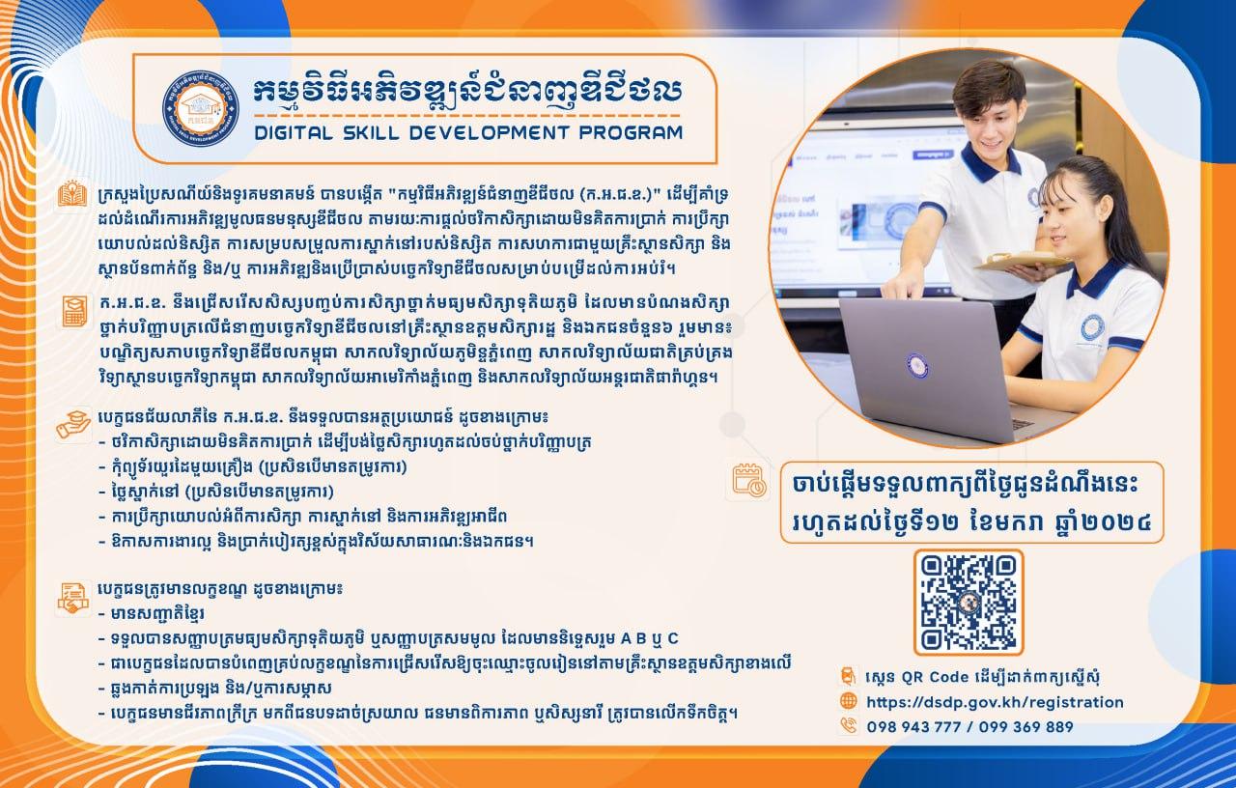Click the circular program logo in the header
click(x=200, y=108)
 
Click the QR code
click(x=969, y=603)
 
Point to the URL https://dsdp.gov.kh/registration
click(x=995, y=702)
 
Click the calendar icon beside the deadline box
click(x=748, y=480)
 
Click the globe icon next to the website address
click(x=848, y=701)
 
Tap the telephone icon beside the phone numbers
click(x=848, y=725)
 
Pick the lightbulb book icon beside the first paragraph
click(x=72, y=195)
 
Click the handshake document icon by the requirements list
click(x=73, y=599)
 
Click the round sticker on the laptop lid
click(x=917, y=365)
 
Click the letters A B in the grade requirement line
click(x=634, y=638)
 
